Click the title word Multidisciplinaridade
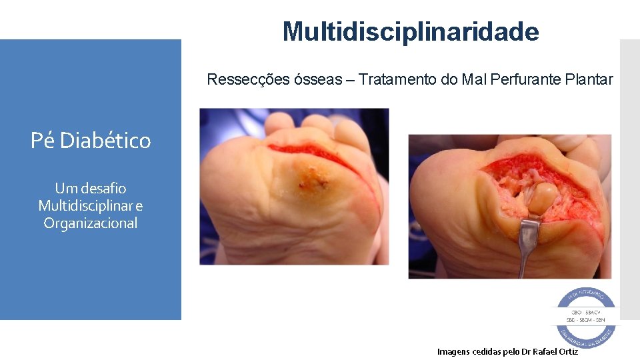(x=410, y=31)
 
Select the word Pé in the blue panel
(x=41, y=141)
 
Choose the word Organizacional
(x=91, y=223)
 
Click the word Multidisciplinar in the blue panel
(x=83, y=206)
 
